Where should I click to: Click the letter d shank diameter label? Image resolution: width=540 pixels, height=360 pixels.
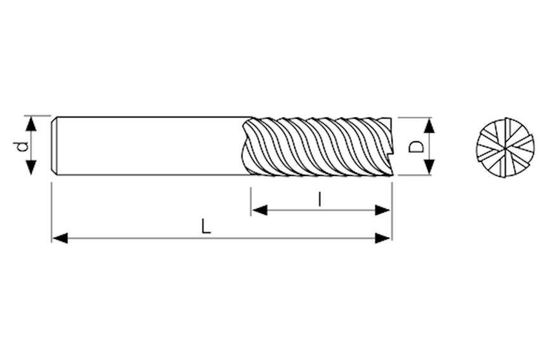(23, 146)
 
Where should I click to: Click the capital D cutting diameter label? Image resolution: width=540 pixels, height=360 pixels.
(415, 146)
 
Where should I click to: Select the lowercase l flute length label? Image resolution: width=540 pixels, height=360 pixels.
(320, 199)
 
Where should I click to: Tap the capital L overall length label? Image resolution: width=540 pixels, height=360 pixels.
(206, 226)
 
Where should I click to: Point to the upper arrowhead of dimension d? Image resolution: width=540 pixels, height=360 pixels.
(31, 124)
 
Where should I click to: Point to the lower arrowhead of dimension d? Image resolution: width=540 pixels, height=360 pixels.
(31, 167)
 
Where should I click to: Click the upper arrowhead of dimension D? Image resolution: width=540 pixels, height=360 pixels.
(429, 125)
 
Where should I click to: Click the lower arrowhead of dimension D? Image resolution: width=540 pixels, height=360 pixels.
(429, 167)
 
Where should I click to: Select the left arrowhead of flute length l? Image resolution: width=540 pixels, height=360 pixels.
(259, 210)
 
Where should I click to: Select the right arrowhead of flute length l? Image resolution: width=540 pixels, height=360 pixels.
(382, 210)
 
